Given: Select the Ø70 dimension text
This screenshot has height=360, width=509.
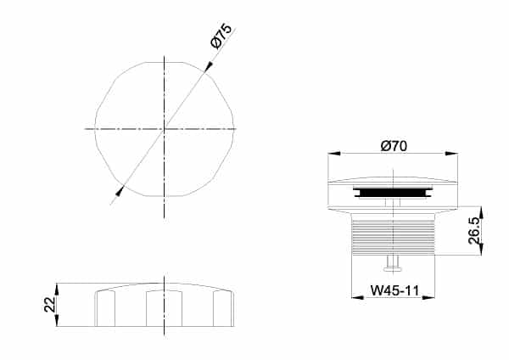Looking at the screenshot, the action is click(x=394, y=146).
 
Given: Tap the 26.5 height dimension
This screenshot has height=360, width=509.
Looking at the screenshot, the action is click(x=474, y=231).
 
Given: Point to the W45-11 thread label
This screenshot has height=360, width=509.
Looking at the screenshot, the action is click(x=395, y=290).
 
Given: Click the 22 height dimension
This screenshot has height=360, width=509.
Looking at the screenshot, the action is click(x=50, y=305).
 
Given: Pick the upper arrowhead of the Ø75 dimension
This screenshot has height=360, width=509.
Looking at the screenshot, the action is click(x=209, y=66).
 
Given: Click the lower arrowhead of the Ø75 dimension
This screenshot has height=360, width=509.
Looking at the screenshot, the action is click(x=120, y=191).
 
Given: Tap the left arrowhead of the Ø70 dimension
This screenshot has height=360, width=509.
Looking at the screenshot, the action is click(x=334, y=154).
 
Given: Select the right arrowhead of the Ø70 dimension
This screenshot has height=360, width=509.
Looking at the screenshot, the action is click(x=451, y=154).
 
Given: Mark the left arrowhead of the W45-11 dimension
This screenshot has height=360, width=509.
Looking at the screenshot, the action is click(x=358, y=297).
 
